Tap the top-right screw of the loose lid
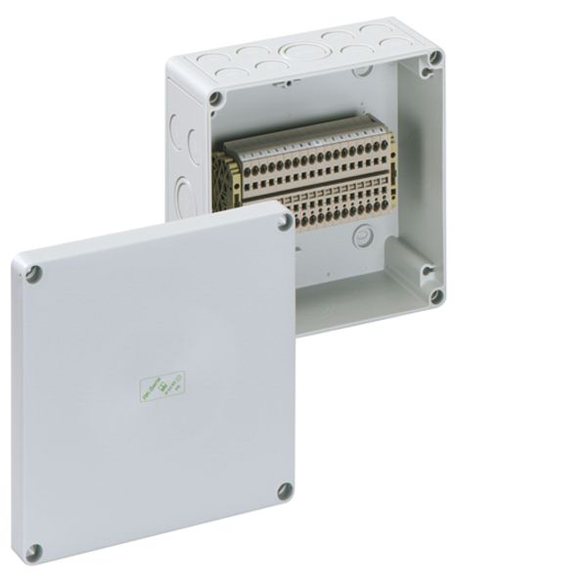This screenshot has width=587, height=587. pos(285,224)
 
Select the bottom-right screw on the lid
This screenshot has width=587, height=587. pos(285,490)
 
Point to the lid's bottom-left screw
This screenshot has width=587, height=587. pos(33,553)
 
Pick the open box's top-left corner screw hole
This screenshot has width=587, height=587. pos(215,99)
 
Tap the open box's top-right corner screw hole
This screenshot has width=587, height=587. pos(432,59)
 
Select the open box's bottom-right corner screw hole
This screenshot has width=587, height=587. pos(435,294)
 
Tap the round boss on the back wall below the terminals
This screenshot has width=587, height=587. pos(364,235)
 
